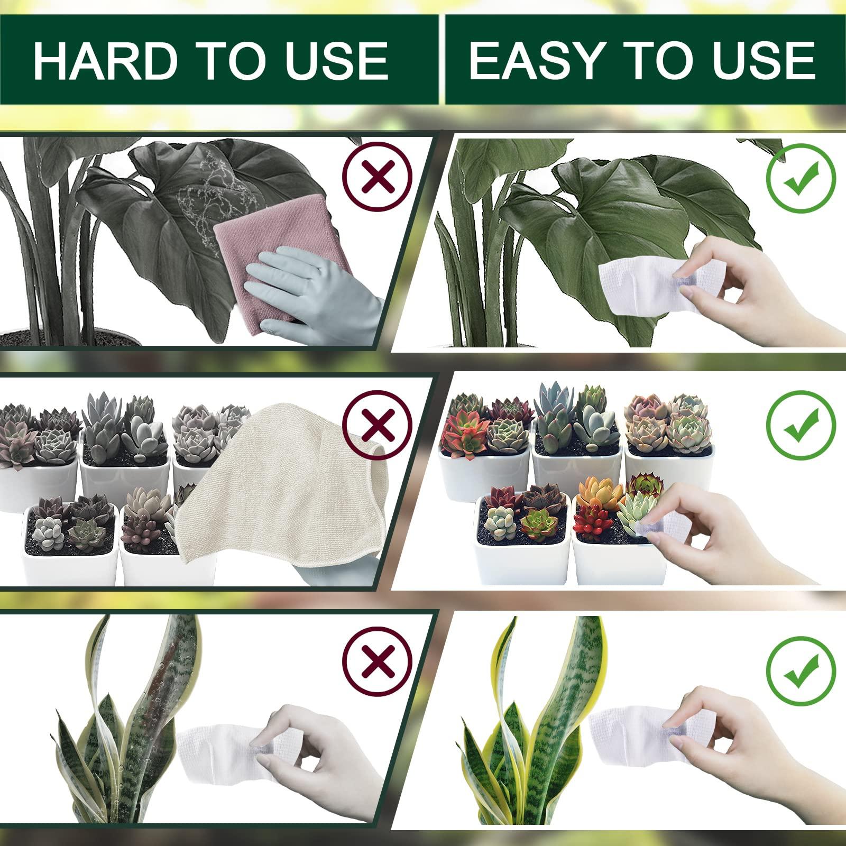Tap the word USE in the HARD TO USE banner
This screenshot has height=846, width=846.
point(337,61)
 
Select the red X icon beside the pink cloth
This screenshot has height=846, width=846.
point(377,177)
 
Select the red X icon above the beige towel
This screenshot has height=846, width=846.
point(377,424)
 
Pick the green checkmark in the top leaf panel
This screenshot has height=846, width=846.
point(801,178)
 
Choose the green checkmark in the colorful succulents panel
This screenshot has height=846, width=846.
point(801,425)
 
